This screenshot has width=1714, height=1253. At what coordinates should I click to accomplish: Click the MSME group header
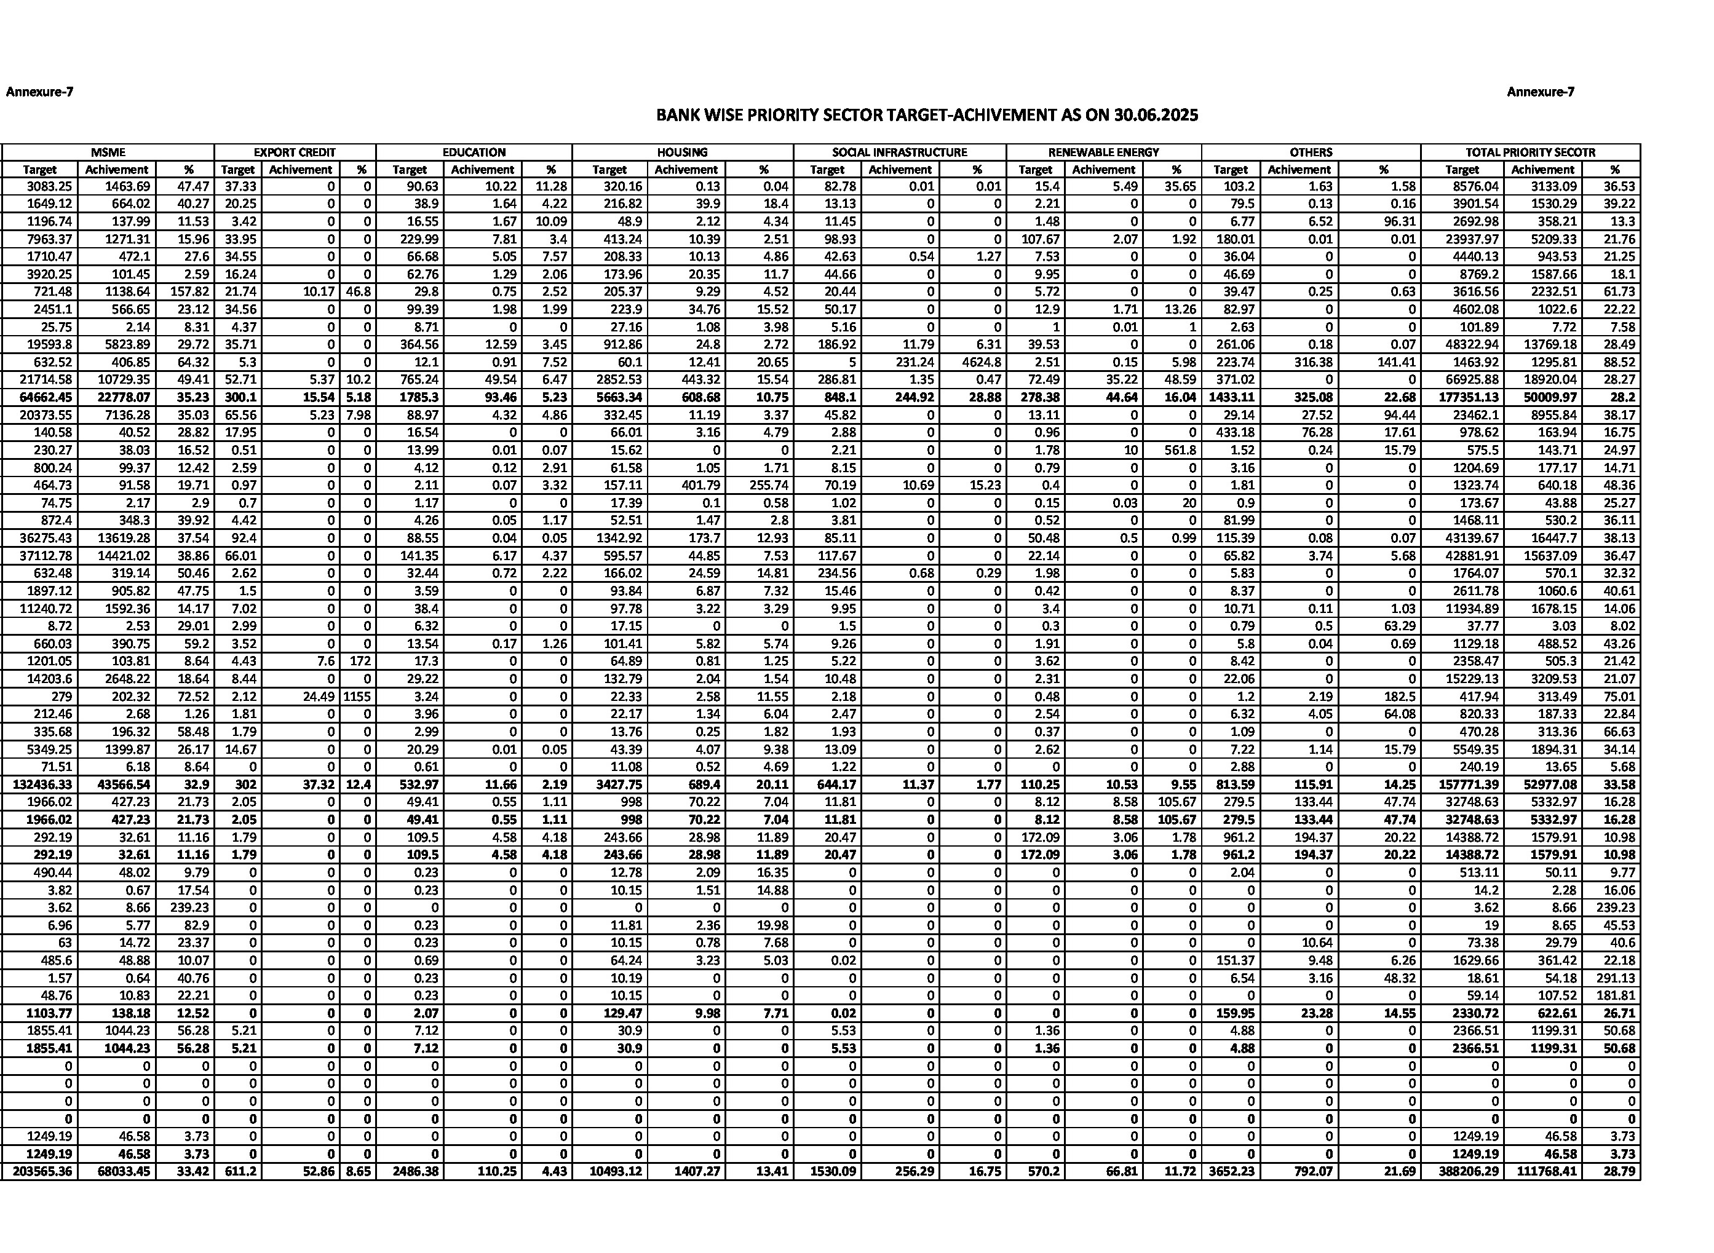(x=107, y=152)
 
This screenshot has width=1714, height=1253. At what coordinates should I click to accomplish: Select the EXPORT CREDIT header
(x=295, y=152)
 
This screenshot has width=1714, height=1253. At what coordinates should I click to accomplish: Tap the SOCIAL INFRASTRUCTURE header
(x=899, y=152)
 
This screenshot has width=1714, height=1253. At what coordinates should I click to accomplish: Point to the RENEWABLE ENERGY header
(x=1103, y=152)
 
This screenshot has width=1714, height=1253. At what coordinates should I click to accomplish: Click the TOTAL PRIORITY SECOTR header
(x=1530, y=152)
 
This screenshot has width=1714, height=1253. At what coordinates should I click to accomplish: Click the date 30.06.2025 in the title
(x=1156, y=116)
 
